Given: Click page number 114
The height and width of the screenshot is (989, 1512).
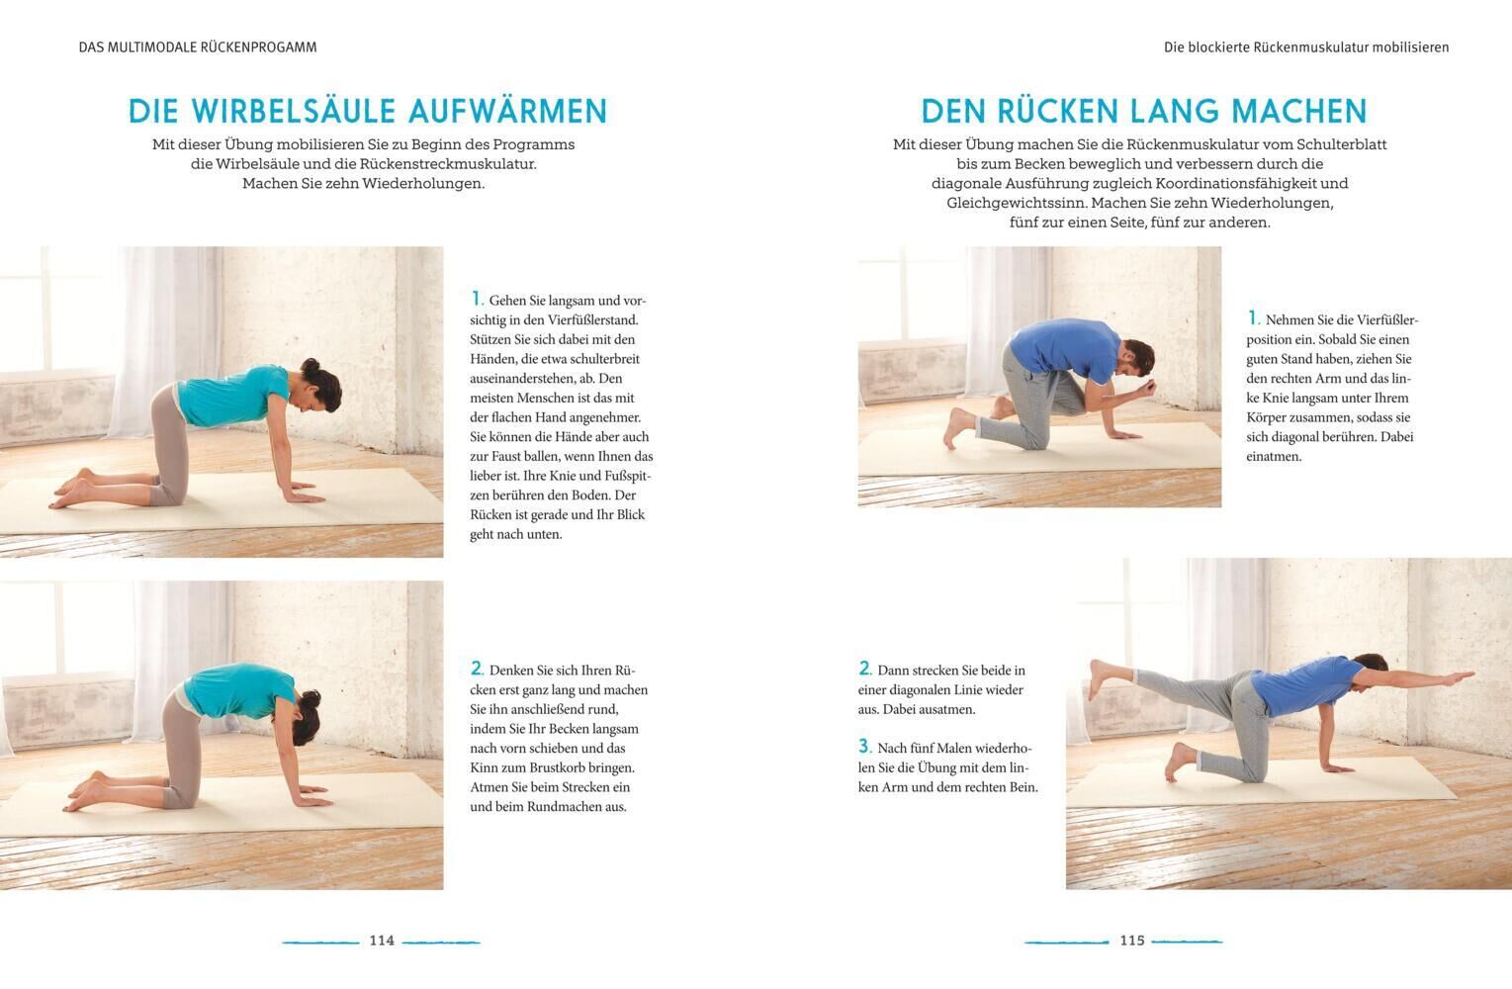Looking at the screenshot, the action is coord(382,941).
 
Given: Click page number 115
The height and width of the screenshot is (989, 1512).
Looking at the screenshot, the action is coord(1132,941).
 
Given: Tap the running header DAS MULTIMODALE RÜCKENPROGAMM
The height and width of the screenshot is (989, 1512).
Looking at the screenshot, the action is coord(198,47).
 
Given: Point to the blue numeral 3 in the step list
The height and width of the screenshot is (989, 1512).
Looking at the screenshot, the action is coord(864,746).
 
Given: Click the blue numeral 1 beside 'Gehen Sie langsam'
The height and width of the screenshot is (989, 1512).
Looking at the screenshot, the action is coord(476,299).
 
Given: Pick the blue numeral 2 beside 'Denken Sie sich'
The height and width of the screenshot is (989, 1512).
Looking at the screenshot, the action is coord(477,669).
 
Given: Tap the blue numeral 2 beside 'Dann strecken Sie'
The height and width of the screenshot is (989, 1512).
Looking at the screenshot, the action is coord(864,669).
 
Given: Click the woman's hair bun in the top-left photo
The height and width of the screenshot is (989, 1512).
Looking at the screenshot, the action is coord(310,366).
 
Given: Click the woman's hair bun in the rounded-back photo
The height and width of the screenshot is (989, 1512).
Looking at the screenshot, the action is coord(310,699).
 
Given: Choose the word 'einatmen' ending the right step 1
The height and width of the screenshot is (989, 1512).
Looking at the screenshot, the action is coord(1274,456).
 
